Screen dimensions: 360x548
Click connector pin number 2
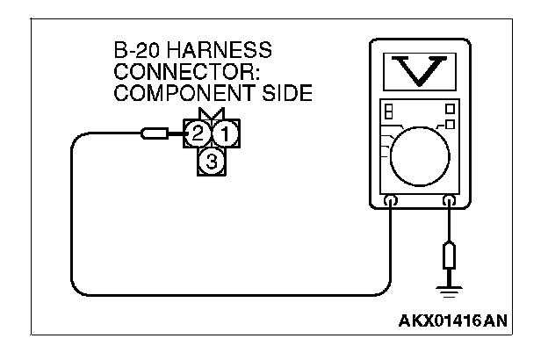pos(198,134)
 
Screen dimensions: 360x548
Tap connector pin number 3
pos(211,161)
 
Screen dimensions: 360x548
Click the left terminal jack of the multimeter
pos(391,202)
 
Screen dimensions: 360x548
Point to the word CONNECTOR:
pos(167,71)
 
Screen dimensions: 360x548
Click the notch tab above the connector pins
pos(211,115)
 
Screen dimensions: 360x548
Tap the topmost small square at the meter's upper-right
pos(451,109)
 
